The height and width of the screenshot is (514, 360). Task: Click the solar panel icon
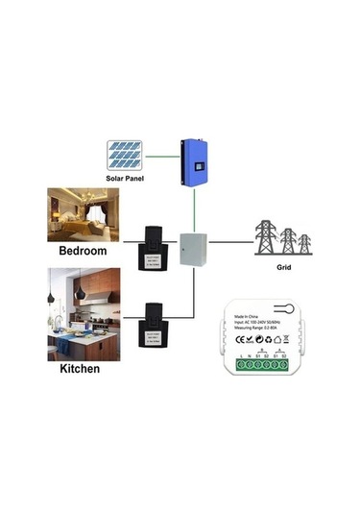pyautogui.click(x=127, y=156)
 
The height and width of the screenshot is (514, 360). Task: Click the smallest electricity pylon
pyautogui.click(x=304, y=243)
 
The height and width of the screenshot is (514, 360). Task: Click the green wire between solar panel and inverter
pyautogui.click(x=164, y=155)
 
